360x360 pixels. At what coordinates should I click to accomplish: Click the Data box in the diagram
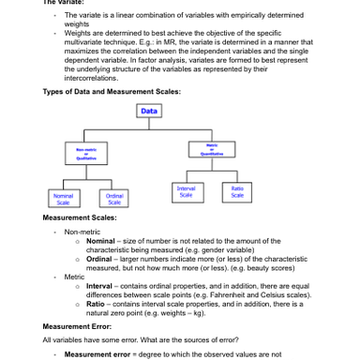tap(149, 111)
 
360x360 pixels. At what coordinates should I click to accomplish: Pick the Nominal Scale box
tap(62, 199)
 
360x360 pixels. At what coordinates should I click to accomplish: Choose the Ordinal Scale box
tap(113, 199)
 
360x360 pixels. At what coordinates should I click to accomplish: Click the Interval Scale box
tap(186, 191)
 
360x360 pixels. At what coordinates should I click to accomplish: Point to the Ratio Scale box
tap(237, 191)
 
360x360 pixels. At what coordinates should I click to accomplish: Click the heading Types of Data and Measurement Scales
tap(112, 91)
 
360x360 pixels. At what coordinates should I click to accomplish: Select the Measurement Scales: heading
tap(80, 217)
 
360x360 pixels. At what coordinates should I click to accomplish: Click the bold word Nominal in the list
tap(100, 240)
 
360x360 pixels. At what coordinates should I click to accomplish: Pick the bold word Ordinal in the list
tap(99, 258)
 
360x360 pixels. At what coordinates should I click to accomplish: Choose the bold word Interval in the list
tap(99, 285)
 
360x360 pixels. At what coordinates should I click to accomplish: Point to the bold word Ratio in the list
tap(96, 303)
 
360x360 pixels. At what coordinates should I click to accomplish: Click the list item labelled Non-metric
tap(82, 231)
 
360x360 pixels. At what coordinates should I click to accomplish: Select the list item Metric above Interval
tap(75, 276)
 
